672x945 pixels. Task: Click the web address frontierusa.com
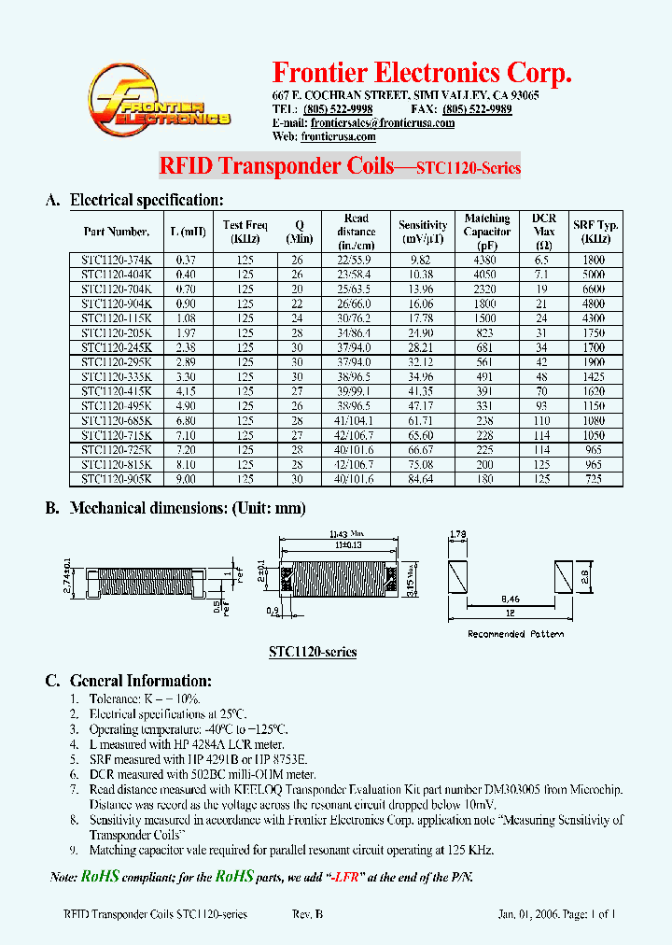pos(338,136)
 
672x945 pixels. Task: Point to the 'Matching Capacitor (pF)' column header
pos(487,232)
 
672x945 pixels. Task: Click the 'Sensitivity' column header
pos(423,232)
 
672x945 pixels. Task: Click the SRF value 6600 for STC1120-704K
pos(595,289)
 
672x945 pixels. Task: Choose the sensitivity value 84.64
pos(422,479)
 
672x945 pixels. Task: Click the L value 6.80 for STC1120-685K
pos(188,420)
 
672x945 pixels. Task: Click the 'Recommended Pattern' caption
pos(515,634)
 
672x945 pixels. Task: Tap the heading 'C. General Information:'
pos(129,681)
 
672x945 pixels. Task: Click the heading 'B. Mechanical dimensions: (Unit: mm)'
pos(175,509)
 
